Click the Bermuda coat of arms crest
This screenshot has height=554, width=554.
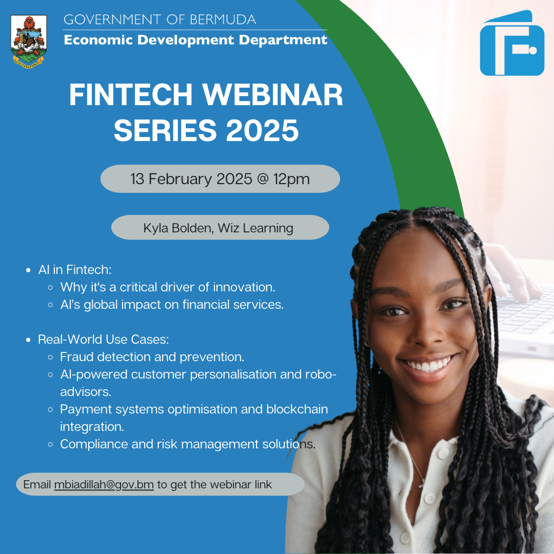28,41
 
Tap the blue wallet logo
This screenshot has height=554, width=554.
512,44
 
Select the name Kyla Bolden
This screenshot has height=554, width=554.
177,228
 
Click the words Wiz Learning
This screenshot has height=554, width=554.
255,228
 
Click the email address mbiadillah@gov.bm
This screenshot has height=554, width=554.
104,484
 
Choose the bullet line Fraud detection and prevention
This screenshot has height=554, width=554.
152,357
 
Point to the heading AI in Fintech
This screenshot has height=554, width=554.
75,269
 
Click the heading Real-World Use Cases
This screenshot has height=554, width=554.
104,339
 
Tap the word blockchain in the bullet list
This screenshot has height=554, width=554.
297,409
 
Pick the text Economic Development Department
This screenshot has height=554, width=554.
195,39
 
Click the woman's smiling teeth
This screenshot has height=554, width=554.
427,366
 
